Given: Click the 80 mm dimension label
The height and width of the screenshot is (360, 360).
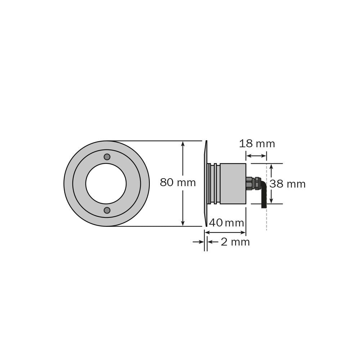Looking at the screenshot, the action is [178, 183].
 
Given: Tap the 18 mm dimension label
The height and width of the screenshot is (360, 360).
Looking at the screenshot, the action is [257, 144].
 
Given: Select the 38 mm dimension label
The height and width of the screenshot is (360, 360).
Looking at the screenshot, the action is [287, 184].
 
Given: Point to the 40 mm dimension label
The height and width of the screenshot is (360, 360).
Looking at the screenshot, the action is [226, 223].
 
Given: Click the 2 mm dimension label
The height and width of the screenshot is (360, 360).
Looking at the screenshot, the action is [235, 242].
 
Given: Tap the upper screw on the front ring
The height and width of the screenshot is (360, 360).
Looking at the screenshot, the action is [107, 157].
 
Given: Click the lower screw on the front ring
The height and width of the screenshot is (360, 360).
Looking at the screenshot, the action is [107, 210].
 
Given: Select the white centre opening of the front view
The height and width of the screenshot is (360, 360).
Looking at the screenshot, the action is [106, 184].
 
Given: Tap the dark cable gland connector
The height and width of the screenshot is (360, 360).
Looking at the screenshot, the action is [253, 183].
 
